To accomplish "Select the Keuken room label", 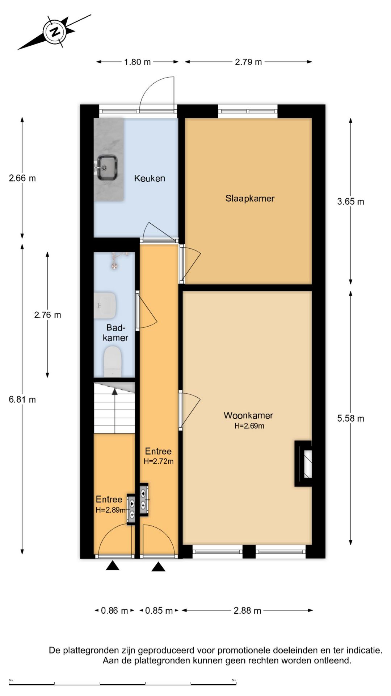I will click(150, 178).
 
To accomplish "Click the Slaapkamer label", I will click(250, 198).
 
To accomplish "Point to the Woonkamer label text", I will click(248, 415).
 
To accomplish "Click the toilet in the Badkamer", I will click(112, 361).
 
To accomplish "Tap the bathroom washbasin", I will click(105, 305).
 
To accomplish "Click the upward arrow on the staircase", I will click(115, 391).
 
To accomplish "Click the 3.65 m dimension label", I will click(350, 202).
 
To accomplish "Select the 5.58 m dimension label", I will click(350, 418).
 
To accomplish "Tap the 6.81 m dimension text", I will click(22, 399).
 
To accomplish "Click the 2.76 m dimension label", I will click(47, 315).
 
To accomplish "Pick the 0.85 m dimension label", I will click(159, 611).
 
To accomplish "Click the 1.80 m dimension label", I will click(137, 62).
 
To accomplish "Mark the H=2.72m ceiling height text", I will click(159, 461).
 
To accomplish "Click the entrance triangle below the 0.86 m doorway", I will click(113, 565).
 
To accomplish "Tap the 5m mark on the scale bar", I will click(234, 680).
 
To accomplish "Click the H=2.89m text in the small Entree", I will click(111, 510).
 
